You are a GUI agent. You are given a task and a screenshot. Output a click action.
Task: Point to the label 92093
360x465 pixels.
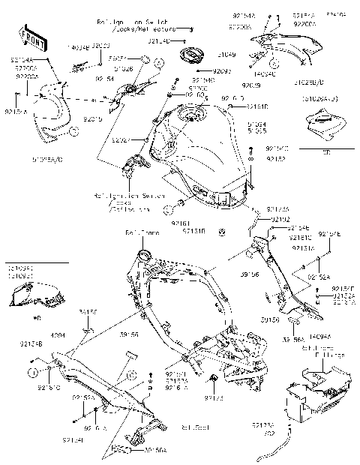223,71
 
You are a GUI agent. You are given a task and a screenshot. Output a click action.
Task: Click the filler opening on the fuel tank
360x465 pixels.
192,115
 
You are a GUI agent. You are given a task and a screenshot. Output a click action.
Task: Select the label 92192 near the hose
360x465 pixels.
279,219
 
